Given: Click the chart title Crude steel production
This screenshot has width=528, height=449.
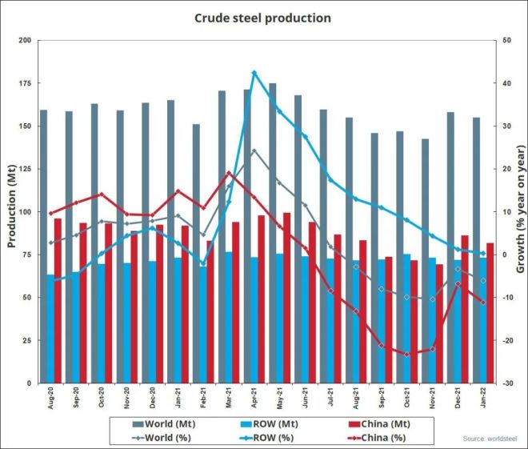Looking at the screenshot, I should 263,17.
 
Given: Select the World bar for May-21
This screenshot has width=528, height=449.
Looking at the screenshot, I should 273,232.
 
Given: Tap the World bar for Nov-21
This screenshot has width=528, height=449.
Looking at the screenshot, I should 426,260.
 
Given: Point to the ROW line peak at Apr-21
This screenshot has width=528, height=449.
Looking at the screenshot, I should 254,73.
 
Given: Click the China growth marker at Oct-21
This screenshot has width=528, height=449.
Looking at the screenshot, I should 407,354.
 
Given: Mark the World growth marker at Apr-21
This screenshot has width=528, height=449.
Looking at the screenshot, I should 254,150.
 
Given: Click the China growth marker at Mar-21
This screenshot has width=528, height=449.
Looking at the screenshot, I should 229,173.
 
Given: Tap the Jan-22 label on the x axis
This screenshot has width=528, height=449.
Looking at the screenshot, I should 483,400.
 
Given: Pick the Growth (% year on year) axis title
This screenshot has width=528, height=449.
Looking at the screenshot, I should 519,211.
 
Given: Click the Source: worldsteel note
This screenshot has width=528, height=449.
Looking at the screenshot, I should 490,439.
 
